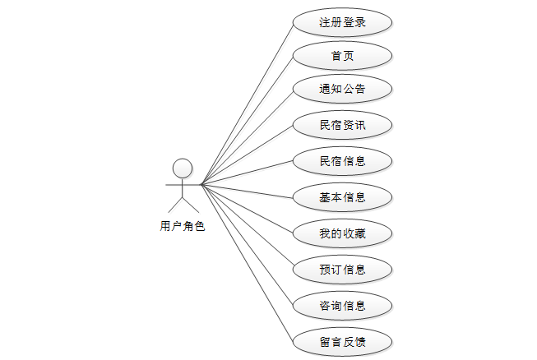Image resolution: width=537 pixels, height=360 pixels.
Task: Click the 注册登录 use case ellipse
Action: [x=342, y=22]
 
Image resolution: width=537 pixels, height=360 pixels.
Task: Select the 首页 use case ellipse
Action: [x=342, y=56]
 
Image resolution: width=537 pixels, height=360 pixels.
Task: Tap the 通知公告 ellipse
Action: [x=342, y=89]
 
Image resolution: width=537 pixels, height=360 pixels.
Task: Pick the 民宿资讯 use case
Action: [x=342, y=126]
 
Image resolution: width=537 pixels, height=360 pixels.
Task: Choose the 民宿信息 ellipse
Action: [x=342, y=161]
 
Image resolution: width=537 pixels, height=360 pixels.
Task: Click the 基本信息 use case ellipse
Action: [x=342, y=197]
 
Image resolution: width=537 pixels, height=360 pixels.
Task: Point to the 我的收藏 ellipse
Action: [x=342, y=234]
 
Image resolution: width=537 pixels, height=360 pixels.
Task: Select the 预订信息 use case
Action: [x=342, y=270]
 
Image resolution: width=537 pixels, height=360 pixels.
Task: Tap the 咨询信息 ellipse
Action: [x=342, y=306]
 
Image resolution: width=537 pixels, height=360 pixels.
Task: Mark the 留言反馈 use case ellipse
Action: [x=342, y=341]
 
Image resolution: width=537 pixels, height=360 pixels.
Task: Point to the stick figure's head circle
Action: [x=183, y=168]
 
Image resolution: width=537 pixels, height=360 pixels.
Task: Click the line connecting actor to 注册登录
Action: [x=247, y=103]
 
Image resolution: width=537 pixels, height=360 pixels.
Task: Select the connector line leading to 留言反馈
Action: [x=247, y=263]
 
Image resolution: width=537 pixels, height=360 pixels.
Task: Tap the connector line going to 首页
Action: [x=247, y=120]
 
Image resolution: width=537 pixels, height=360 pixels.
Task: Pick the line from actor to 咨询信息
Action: [x=247, y=245]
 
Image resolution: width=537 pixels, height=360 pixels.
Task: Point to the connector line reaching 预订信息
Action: [x=247, y=227]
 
